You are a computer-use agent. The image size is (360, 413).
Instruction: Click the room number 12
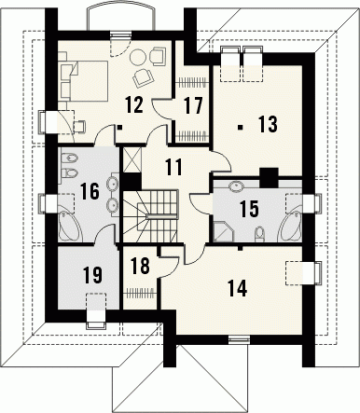click(134, 104)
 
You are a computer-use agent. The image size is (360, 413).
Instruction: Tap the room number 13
click(268, 124)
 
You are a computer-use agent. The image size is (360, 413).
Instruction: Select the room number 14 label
click(237, 288)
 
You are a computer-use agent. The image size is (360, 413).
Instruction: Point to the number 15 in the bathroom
click(249, 209)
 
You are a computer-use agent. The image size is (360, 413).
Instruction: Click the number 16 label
click(90, 191)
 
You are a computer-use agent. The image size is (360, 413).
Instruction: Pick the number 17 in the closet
click(193, 105)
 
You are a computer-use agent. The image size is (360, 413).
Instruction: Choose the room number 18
click(140, 266)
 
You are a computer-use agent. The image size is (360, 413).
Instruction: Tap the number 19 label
click(93, 275)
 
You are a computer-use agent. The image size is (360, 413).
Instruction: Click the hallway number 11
click(173, 167)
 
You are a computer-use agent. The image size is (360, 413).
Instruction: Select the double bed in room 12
click(87, 80)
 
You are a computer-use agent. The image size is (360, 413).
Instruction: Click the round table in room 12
click(137, 58)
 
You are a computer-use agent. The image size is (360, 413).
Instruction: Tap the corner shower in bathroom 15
click(223, 231)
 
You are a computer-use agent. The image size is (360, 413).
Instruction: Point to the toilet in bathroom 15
click(259, 235)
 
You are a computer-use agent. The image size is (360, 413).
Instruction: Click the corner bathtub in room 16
click(71, 226)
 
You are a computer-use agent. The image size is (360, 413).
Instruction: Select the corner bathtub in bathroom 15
click(291, 227)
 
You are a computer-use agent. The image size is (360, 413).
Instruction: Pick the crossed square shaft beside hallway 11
click(132, 159)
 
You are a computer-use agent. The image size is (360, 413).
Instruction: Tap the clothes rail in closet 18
click(139, 293)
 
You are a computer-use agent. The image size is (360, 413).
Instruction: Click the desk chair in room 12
click(79, 127)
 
